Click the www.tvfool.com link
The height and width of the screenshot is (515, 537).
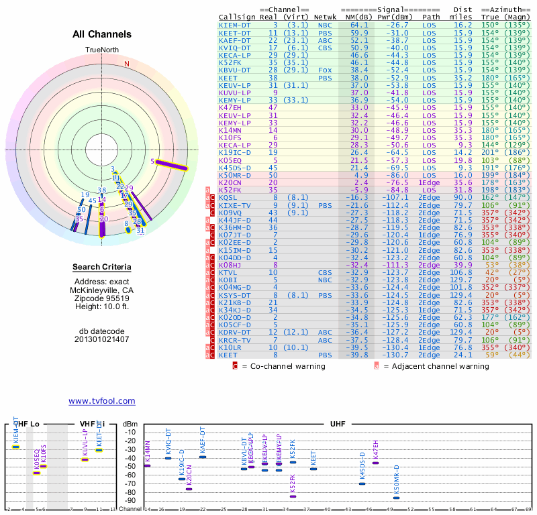click(101, 401)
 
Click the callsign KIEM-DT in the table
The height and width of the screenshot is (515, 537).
click(234, 25)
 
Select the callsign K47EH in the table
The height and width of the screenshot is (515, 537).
click(230, 107)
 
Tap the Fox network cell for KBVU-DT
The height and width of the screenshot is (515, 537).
click(325, 70)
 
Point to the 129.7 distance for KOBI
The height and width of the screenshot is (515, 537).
click(461, 280)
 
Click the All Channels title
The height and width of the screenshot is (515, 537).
click(102, 34)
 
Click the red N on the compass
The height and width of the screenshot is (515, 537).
click(126, 64)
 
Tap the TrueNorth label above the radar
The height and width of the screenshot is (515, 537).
click(102, 50)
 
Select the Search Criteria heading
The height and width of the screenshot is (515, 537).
click(102, 268)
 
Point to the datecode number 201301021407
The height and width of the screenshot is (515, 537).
click(102, 339)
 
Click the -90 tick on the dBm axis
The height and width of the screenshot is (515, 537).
click(130, 500)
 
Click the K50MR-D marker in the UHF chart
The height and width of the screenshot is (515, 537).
click(396, 498)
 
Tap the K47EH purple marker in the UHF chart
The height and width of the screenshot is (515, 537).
click(375, 463)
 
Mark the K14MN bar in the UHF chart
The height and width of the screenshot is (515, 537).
click(148, 465)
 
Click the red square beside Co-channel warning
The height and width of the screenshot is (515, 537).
click(235, 366)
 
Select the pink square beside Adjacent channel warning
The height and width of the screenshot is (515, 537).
click(377, 366)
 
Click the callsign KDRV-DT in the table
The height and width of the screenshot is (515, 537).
click(234, 332)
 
